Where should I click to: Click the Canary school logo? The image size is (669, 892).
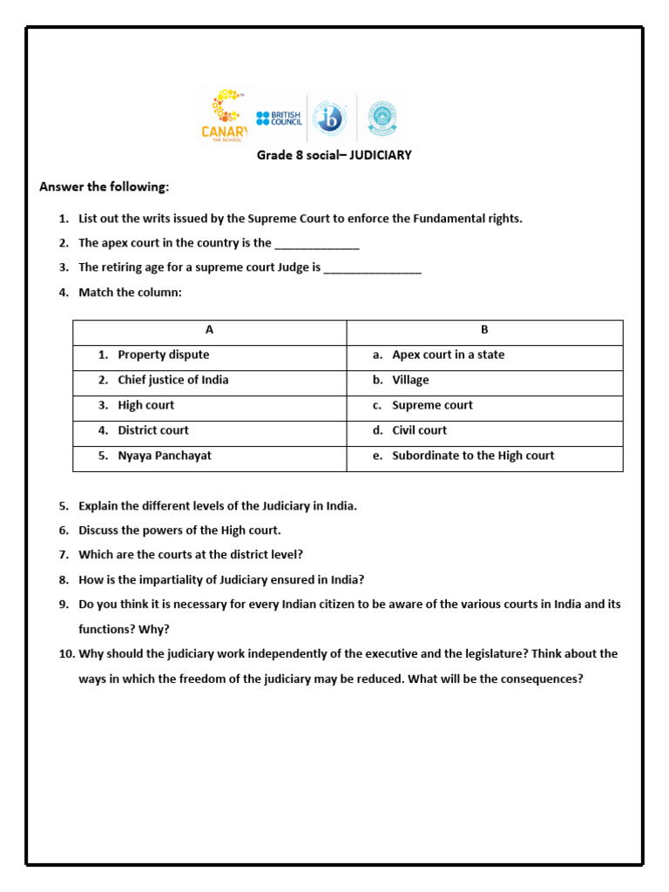coord(225,114)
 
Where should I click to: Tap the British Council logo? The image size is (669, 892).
coord(279,118)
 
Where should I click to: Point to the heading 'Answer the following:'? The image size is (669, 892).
coord(105,186)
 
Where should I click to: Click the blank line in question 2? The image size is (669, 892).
coord(317,244)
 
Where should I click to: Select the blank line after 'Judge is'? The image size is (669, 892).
coord(372,268)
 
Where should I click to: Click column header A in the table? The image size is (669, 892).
coord(209,330)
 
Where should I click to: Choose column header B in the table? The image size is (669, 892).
coord(484,330)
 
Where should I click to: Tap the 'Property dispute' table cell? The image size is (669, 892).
coord(163,355)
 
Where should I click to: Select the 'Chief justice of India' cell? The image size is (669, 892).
coord(172,380)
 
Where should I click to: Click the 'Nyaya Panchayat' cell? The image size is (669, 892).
coord(164,456)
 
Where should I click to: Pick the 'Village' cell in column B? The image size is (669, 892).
coord(410,380)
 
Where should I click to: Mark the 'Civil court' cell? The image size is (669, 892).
coord(419,430)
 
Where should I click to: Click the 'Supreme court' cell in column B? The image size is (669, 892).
coord(432,405)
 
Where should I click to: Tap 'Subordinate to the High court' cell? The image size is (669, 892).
coord(472,456)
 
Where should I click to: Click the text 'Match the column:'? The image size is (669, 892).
coord(130,293)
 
